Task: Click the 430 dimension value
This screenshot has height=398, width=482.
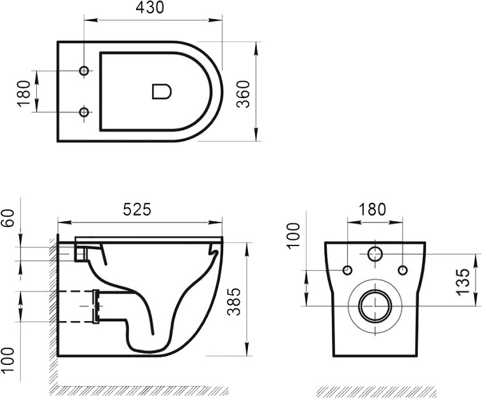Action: [150, 8]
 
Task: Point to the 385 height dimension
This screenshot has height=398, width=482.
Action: [234, 299]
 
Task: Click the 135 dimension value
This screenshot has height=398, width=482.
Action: [464, 280]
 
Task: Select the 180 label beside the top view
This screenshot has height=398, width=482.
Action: [24, 93]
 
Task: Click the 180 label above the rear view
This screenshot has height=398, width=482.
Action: [373, 209]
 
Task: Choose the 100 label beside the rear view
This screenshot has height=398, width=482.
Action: [294, 237]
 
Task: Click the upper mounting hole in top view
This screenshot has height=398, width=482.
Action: [83, 70]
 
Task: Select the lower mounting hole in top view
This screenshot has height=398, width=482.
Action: [83, 113]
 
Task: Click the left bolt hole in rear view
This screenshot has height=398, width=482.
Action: [347, 271]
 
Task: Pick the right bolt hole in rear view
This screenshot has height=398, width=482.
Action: [403, 271]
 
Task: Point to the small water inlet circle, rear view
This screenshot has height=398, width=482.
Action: [375, 254]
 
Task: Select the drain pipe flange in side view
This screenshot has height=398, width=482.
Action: [97, 306]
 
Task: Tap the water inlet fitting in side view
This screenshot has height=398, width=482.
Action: [79, 252]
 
